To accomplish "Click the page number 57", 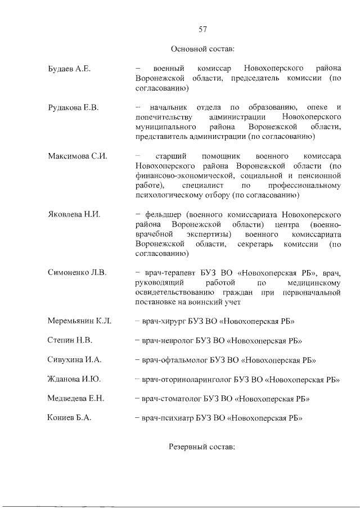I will [x=203, y=30].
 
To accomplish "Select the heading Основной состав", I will [x=202, y=50].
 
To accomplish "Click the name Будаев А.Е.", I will [x=70, y=69].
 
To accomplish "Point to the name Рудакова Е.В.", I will [x=74, y=107].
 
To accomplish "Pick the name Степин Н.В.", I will [x=70, y=340].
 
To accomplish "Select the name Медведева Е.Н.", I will [x=76, y=399].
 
